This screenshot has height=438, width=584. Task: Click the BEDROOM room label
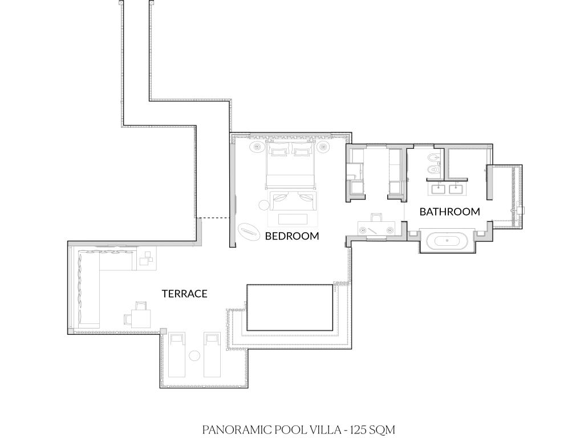coord(292,236)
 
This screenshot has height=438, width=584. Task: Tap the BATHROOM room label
coord(449,212)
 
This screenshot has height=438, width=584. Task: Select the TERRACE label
coord(184,294)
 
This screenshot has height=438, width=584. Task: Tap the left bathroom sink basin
coord(438,189)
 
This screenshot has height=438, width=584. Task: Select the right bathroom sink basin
coord(456,189)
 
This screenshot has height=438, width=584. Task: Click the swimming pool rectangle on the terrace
coord(290,307)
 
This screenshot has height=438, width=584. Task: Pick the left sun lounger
coord(177,355)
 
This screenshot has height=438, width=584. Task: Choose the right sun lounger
coord(212,355)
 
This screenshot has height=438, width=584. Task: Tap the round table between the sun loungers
coord(194,356)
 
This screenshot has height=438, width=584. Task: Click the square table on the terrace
coord(141,318)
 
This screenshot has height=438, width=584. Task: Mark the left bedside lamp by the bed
coord(257,147)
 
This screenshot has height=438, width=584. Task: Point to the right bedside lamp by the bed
coord(323,147)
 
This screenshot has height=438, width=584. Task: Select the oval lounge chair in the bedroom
coord(249,231)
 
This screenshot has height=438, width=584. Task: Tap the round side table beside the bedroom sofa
coord(263,205)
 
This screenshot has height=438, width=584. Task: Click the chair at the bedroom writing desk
coord(376,217)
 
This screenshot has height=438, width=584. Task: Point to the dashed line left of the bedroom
coord(213,217)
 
